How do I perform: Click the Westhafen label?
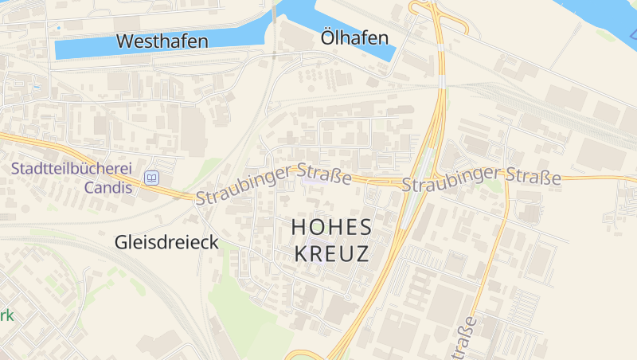click(x=162, y=41)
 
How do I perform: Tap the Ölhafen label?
click(x=354, y=37)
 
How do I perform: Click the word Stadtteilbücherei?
click(x=71, y=169)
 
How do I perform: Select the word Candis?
click(x=107, y=188)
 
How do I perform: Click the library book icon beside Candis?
click(x=151, y=178)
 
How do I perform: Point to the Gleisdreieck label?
click(x=166, y=242)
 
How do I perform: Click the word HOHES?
click(x=332, y=227)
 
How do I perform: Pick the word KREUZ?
click(x=332, y=254)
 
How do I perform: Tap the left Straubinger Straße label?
click(x=273, y=183)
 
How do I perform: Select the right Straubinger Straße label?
click(x=481, y=178)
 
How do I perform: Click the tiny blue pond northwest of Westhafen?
click(x=58, y=28)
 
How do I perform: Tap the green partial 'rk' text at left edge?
click(x=6, y=315)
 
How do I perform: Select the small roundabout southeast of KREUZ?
click(x=349, y=297)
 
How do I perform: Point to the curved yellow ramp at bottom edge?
click(x=303, y=354)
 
